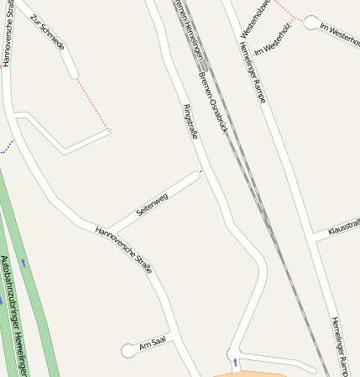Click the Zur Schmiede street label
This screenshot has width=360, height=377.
coord(47,33)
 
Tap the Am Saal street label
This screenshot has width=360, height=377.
coord(154,346)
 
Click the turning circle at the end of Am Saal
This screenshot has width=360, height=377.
coord(128,351)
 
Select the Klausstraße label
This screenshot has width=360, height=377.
coord(343,228)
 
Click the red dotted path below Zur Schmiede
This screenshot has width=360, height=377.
coord(92,105)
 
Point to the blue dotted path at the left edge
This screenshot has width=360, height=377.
coord(8,148)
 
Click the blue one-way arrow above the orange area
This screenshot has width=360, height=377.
coord(235,363)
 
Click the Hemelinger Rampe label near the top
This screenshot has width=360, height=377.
coord(248,73)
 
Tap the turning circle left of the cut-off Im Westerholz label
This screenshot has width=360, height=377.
coord(311,23)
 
